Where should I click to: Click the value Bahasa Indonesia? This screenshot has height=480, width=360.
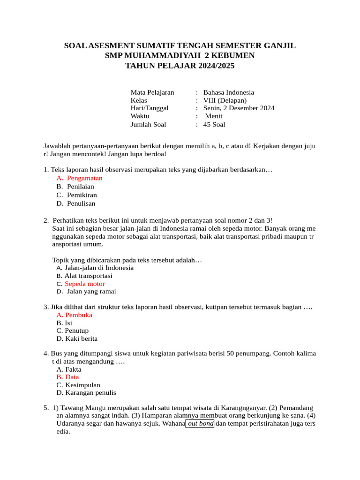tap(229, 92)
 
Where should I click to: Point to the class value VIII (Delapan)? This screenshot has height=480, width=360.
tap(225, 100)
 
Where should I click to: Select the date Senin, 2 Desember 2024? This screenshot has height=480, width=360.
tap(239, 108)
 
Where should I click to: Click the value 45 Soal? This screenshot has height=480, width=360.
tap(214, 124)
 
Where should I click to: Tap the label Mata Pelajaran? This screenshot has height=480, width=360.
tap(152, 92)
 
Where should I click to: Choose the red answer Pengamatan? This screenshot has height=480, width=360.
tap(84, 178)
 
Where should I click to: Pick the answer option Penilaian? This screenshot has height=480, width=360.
tap(80, 187)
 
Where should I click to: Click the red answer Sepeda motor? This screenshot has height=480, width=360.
tap(85, 284)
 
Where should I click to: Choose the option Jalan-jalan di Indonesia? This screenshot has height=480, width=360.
tap(99, 268)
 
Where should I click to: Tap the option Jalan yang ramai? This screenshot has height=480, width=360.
tap(91, 292)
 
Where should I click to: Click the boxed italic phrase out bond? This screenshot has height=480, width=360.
tap(200, 424)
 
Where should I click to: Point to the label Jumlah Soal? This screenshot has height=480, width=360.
tap(148, 124)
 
